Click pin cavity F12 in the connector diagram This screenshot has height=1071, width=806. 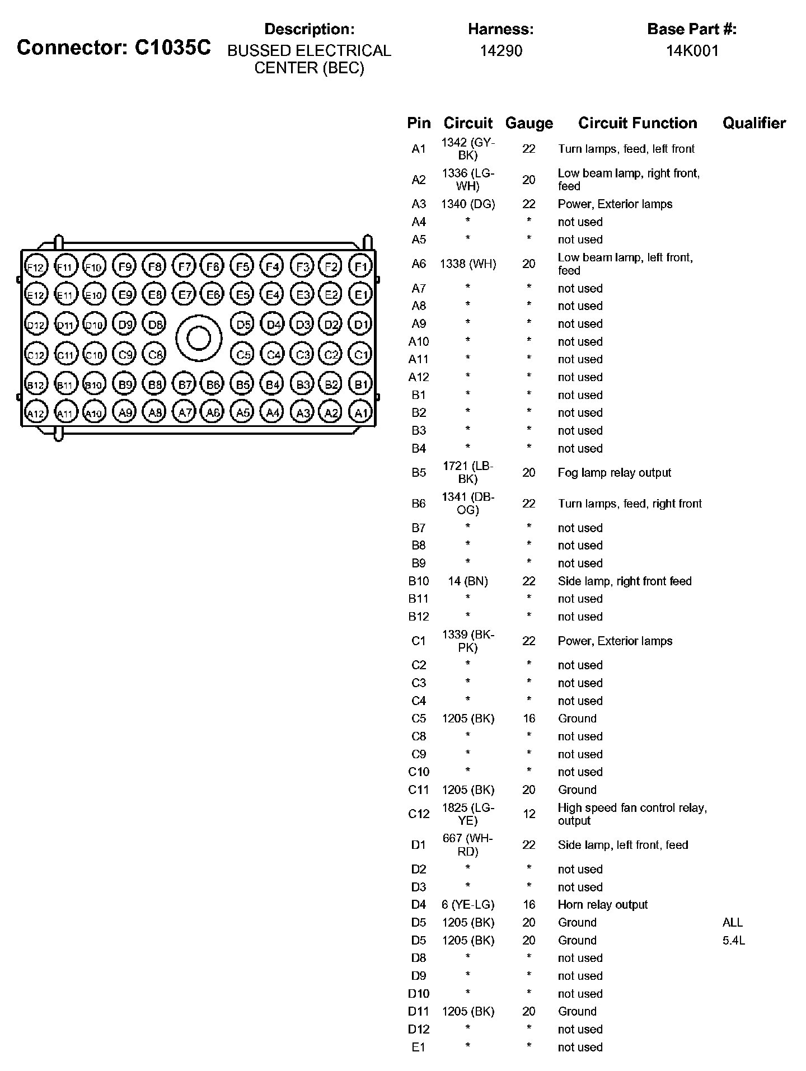[35, 267]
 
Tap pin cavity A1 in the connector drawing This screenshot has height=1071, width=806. [360, 413]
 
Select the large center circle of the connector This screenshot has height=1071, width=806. [199, 338]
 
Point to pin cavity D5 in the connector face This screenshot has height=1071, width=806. [242, 324]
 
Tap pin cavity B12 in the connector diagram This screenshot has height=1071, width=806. [35, 385]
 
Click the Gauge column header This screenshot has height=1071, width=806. [529, 123]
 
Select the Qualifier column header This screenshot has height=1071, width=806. [754, 123]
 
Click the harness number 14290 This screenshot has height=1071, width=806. [501, 51]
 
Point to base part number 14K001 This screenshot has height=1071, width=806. [692, 51]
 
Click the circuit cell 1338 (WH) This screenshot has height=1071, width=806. [468, 264]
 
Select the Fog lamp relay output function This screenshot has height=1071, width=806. [614, 473]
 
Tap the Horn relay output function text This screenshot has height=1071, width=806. [602, 905]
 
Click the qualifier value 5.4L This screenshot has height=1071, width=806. [733, 941]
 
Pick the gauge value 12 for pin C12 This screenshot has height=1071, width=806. [529, 814]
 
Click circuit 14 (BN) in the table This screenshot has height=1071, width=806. [468, 581]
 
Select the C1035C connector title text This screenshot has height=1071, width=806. [114, 48]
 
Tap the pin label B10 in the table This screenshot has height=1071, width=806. [419, 581]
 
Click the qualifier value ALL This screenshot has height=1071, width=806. [732, 923]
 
